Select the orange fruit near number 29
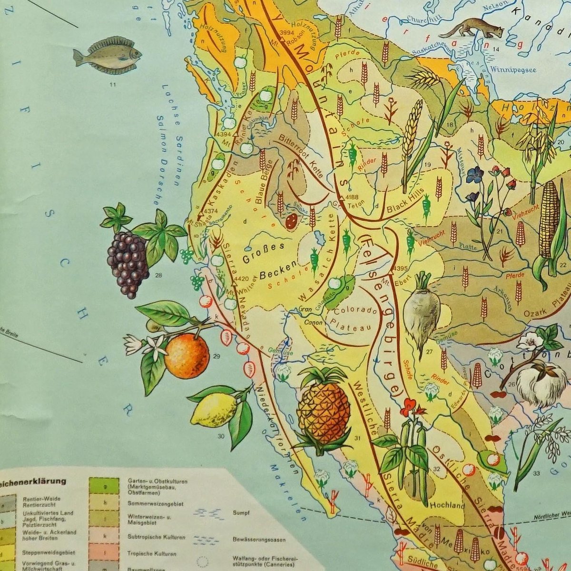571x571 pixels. pos(187,355)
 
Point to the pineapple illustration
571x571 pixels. pos(323,412)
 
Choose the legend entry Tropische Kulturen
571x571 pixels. pos(152,554)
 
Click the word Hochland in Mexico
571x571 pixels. pos(447,506)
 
